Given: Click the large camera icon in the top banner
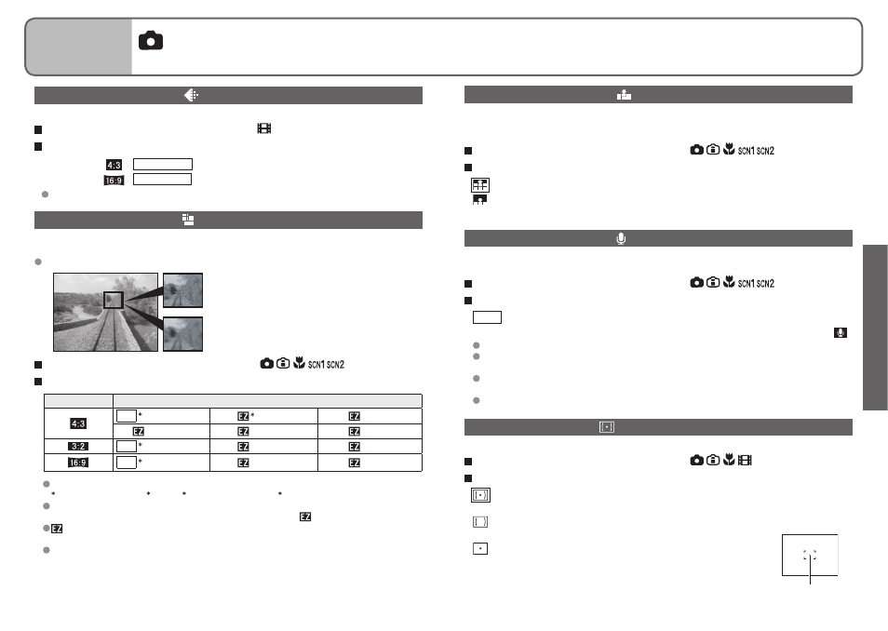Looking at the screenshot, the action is click(151, 41).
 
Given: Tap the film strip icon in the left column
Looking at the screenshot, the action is click(264, 128).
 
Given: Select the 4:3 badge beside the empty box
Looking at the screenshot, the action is click(114, 165).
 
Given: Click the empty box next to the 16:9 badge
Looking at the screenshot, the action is click(162, 180).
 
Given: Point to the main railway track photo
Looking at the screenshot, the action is click(105, 312).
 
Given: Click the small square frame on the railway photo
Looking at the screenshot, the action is click(114, 301).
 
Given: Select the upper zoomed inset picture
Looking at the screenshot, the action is click(183, 290).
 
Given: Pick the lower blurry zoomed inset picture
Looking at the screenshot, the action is click(183, 334).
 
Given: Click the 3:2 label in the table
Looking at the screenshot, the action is click(78, 447).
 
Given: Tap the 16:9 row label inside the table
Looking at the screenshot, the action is click(78, 463).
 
